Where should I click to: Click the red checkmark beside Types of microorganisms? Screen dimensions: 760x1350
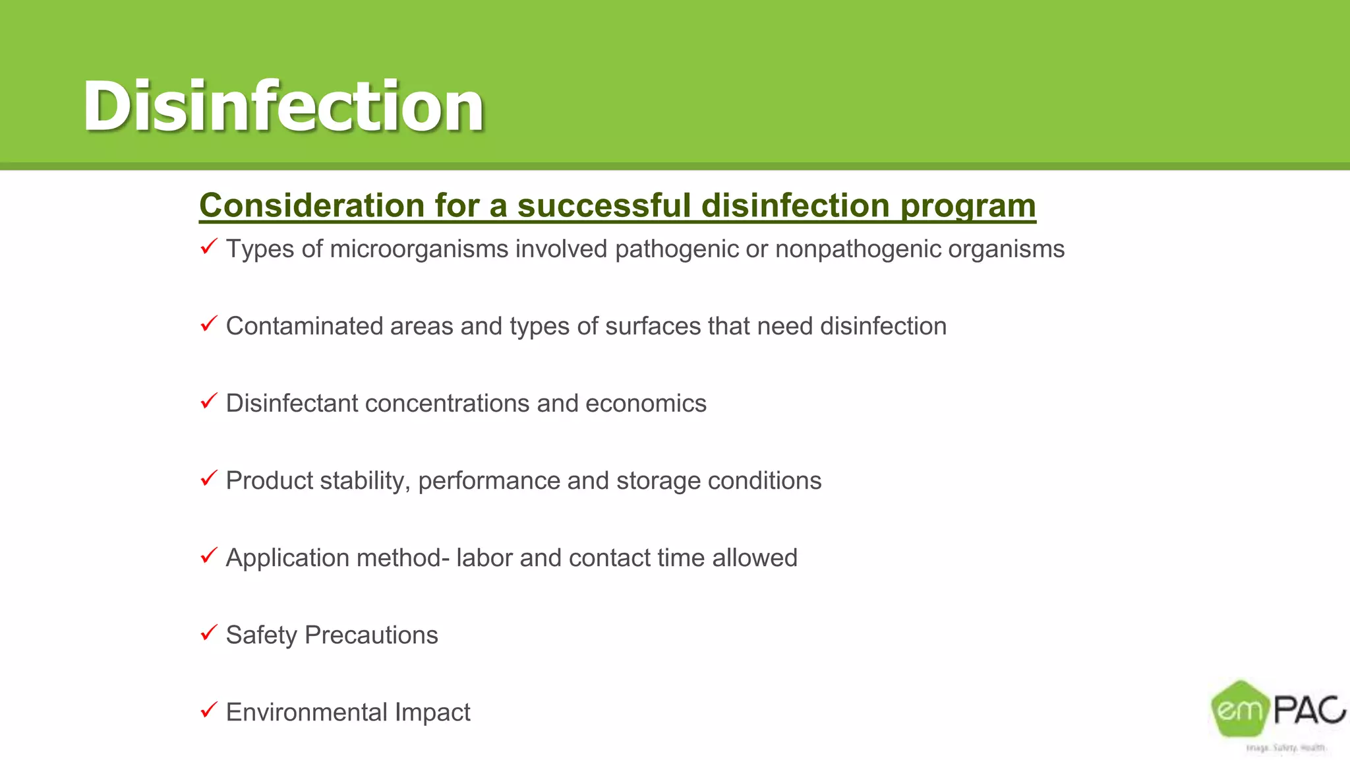(x=208, y=247)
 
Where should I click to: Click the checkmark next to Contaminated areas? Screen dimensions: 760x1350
(x=208, y=325)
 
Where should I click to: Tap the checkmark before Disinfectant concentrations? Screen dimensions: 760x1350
(x=208, y=402)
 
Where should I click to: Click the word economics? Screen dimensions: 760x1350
(x=645, y=404)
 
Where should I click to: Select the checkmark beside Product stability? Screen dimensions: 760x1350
(x=208, y=479)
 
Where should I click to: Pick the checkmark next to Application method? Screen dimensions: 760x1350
(x=208, y=556)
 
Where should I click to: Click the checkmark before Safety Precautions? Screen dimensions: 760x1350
(x=208, y=633)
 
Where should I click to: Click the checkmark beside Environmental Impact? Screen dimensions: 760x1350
(x=208, y=711)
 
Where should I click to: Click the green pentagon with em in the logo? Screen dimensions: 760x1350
(x=1240, y=709)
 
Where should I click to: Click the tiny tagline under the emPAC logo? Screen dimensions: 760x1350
(x=1285, y=748)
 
